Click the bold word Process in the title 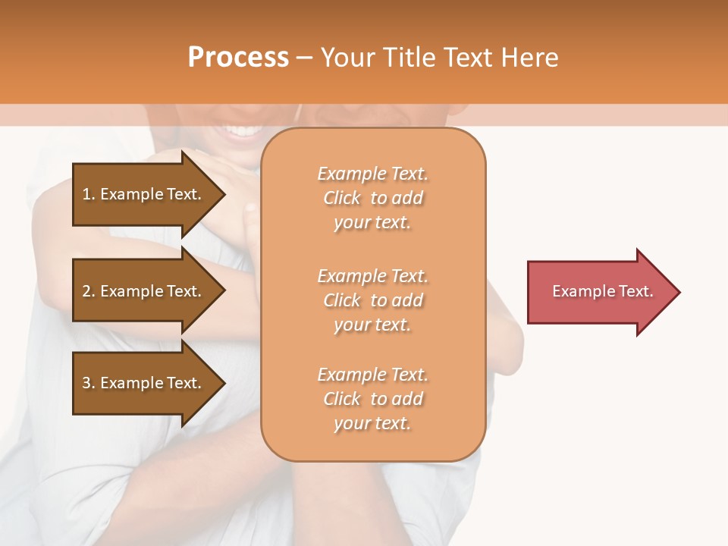point(238,58)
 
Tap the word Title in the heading point(406,58)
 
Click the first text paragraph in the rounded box point(373,198)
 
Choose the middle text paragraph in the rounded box point(373,300)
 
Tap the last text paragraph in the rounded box point(373,399)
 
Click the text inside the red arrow point(603,291)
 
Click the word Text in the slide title point(469,58)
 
